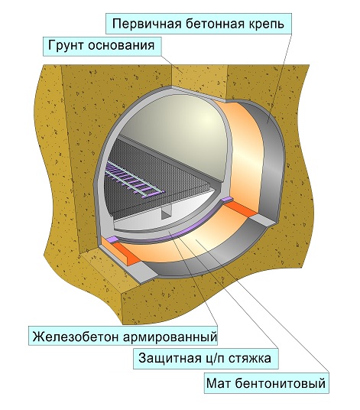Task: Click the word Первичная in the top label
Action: [x=147, y=24]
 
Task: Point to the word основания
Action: [x=121, y=46]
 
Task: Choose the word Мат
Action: [x=218, y=383]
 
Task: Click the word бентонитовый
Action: [x=280, y=383]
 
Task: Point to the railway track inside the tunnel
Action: [x=135, y=177]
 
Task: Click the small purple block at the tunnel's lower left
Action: [x=112, y=239]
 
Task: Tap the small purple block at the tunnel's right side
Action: [x=226, y=200]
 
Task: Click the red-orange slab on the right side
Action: [x=241, y=210]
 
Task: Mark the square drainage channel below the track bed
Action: [x=165, y=212]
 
